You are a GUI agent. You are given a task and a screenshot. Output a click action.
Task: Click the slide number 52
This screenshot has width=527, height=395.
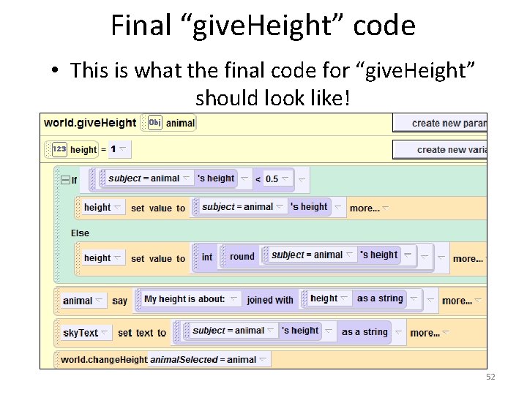click(490, 377)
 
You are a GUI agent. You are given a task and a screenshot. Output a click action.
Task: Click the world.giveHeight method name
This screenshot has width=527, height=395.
click(90, 123)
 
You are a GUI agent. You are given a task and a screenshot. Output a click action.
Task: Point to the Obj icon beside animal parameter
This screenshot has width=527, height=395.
click(154, 123)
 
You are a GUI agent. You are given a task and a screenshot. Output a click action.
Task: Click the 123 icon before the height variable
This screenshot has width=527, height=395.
click(59, 149)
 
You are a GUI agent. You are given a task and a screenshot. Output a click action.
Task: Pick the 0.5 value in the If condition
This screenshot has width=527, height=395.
click(272, 179)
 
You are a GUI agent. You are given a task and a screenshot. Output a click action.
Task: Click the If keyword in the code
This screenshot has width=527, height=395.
click(74, 180)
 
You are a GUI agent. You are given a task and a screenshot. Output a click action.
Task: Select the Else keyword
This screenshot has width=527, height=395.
click(80, 233)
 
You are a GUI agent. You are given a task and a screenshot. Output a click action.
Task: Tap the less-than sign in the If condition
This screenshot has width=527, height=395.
click(257, 179)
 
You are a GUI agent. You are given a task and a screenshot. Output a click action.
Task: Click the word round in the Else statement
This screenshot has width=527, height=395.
click(242, 257)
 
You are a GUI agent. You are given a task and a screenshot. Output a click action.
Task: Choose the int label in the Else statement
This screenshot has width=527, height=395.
click(207, 257)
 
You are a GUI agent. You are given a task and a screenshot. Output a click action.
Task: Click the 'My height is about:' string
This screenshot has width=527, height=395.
click(184, 299)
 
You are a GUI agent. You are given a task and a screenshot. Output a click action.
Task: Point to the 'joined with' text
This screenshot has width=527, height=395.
click(270, 300)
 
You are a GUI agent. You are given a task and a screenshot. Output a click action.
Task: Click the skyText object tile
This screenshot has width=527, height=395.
click(81, 333)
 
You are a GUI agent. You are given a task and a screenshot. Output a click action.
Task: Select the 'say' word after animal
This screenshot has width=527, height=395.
click(119, 301)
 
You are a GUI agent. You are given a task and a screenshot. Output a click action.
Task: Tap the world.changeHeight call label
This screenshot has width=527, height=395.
click(103, 359)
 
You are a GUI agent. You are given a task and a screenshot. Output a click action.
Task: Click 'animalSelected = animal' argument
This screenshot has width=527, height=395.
click(203, 359)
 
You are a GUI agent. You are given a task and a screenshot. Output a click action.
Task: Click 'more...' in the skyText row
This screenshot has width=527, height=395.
click(425, 333)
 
